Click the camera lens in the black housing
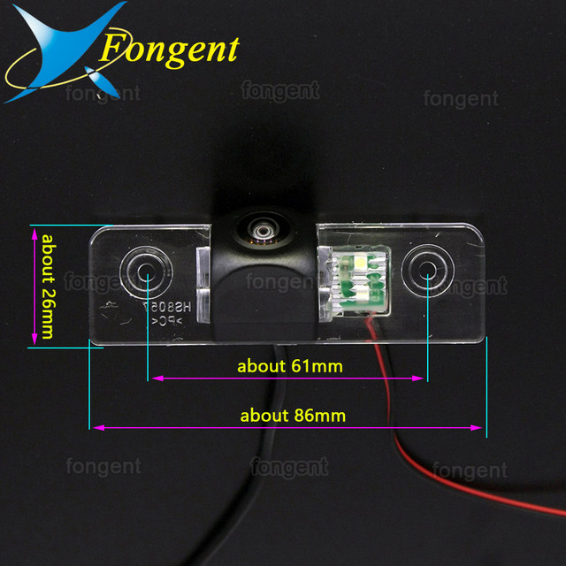pyautogui.click(x=262, y=228)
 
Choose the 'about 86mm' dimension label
pyautogui.click(x=290, y=415)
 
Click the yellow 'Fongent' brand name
pyautogui.click(x=168, y=49)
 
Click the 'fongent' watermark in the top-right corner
pyautogui.click(x=461, y=100)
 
